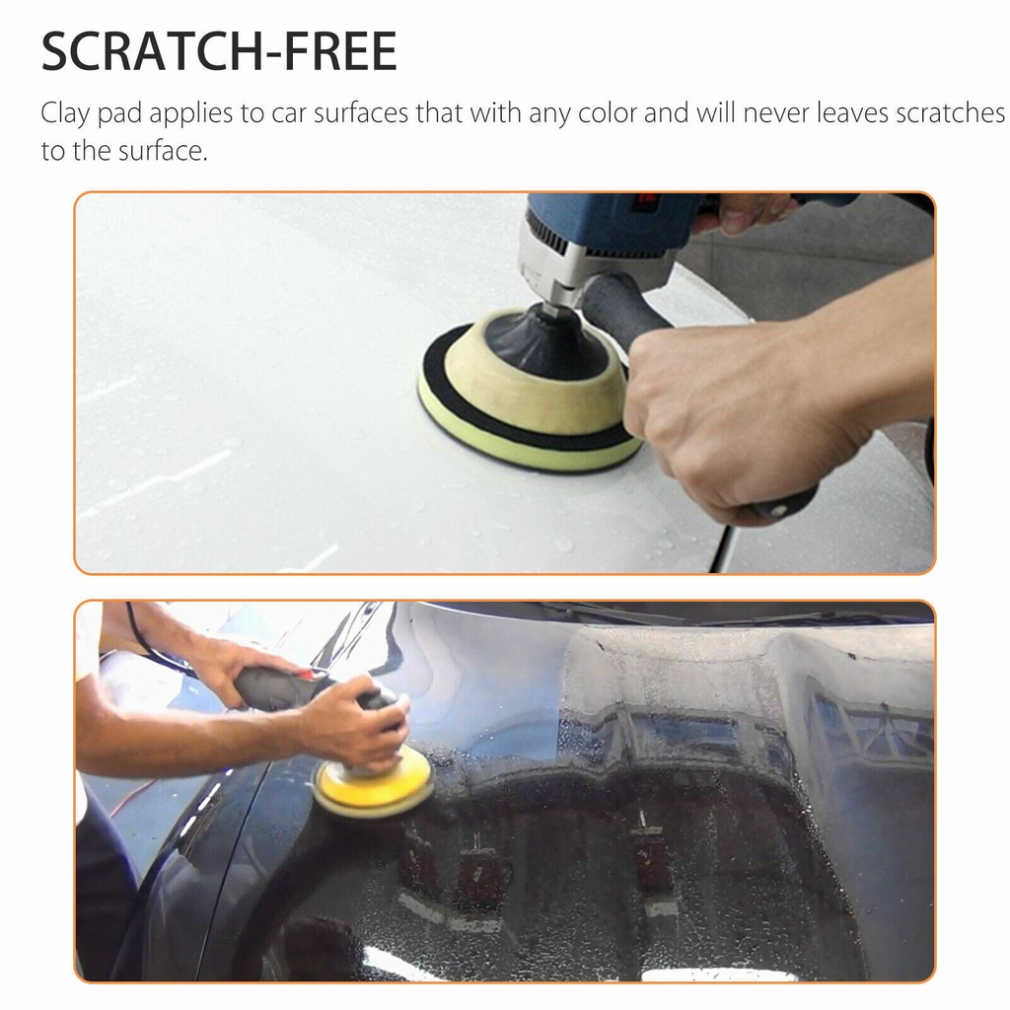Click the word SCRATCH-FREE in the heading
tap(219, 52)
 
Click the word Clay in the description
tap(66, 113)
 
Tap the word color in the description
tap(607, 112)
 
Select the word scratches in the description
tap(950, 112)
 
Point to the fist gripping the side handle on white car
tap(730, 414)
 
